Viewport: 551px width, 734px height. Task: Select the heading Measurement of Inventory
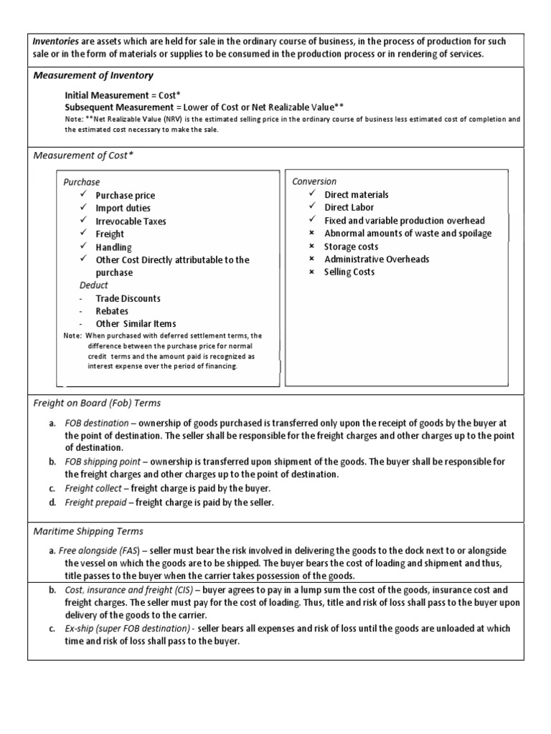pos(93,75)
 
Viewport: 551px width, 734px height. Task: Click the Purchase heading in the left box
pos(82,182)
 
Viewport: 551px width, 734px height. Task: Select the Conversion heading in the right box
pos(314,181)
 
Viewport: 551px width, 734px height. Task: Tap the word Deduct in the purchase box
pos(93,285)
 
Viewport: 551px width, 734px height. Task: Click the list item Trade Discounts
pos(128,298)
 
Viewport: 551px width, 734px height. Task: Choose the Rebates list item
pos(112,311)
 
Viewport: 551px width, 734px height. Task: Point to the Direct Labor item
pos(349,208)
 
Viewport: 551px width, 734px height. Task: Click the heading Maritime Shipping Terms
pos(88,531)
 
